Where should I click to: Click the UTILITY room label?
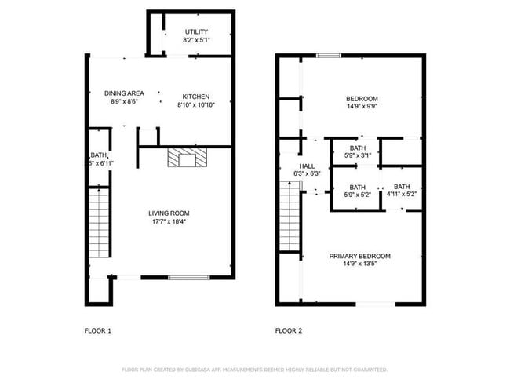(196, 31)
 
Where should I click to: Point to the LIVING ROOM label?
(169, 213)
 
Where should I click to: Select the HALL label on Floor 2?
(306, 166)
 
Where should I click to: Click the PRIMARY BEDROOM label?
(360, 256)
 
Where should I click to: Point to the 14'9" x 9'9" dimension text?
(362, 107)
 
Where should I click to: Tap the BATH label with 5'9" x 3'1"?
(358, 148)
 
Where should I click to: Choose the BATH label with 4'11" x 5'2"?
(403, 187)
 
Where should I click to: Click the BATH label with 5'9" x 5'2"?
(358, 187)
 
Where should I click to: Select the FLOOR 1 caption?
(98, 330)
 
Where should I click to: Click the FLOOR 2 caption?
(289, 330)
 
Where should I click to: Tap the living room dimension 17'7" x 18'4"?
(169, 221)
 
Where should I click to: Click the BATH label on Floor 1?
(98, 155)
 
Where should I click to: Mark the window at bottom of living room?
(189, 276)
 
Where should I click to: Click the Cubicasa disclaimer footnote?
(254, 369)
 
